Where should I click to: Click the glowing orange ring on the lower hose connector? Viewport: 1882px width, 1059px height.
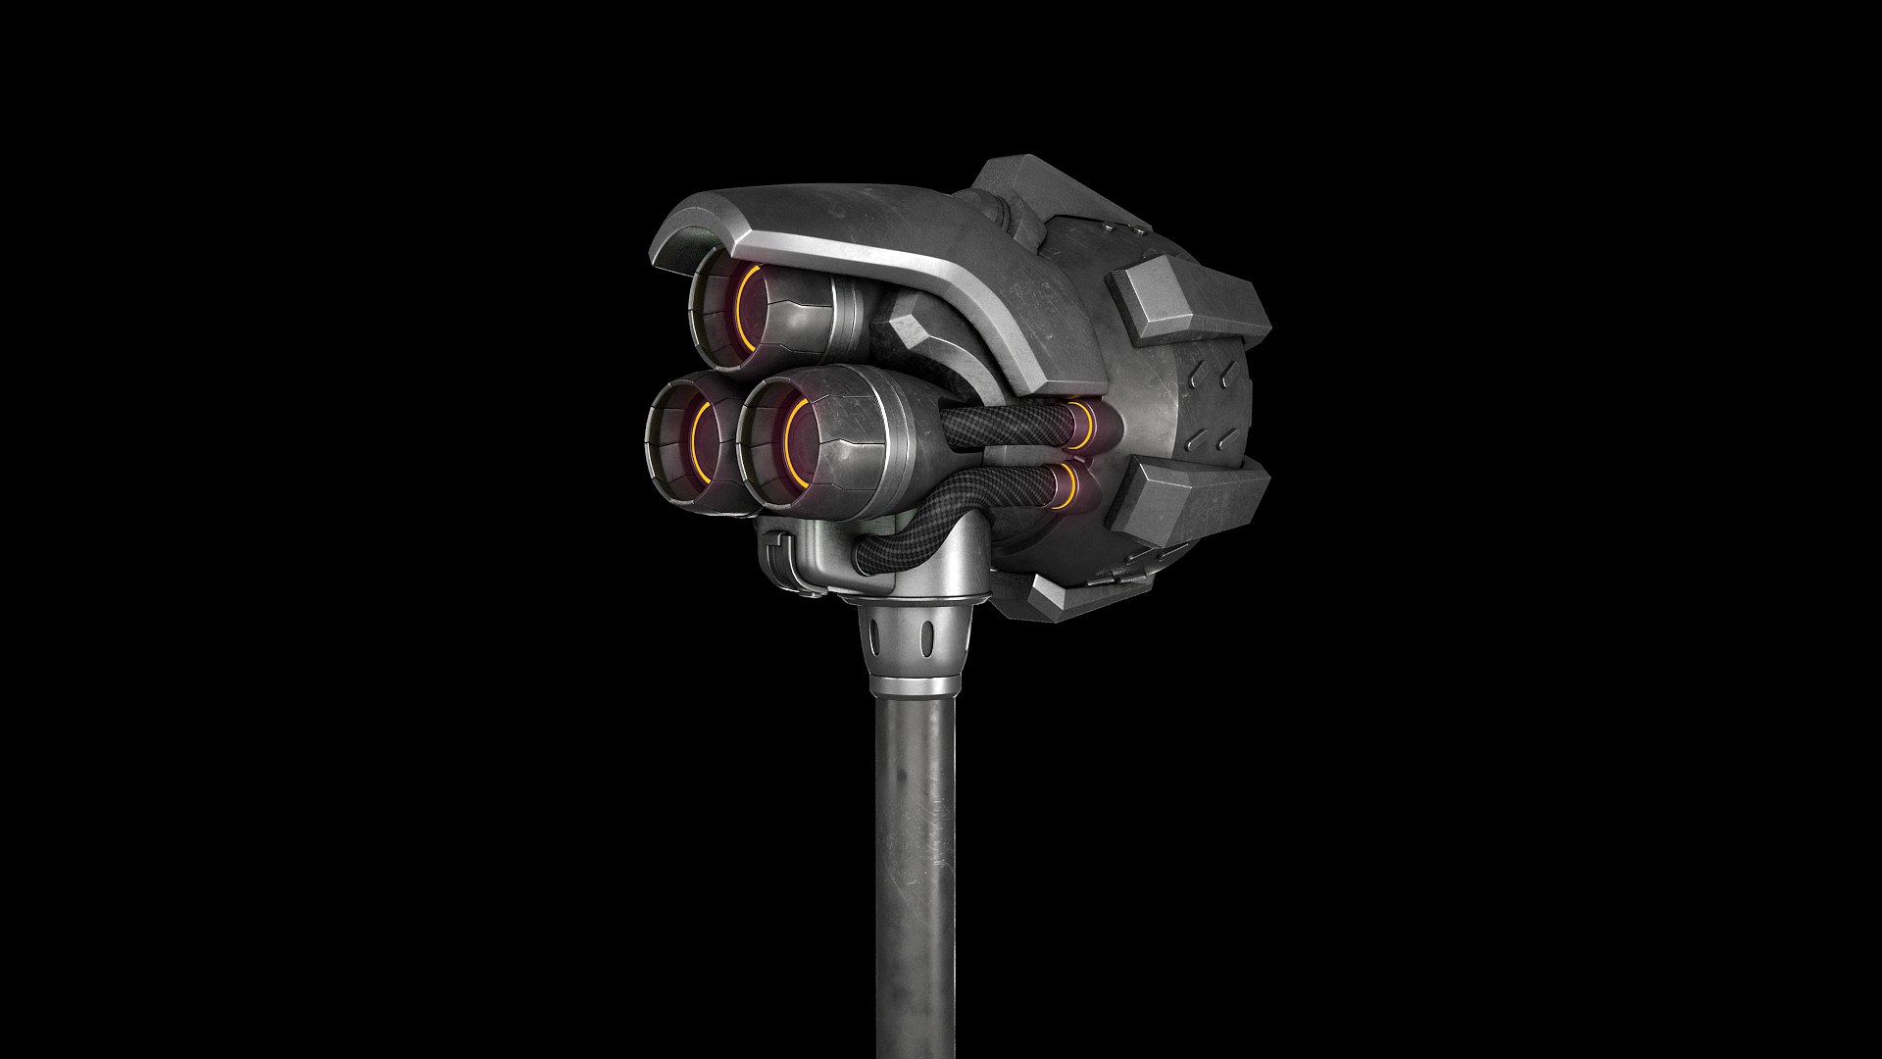tap(1068, 488)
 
